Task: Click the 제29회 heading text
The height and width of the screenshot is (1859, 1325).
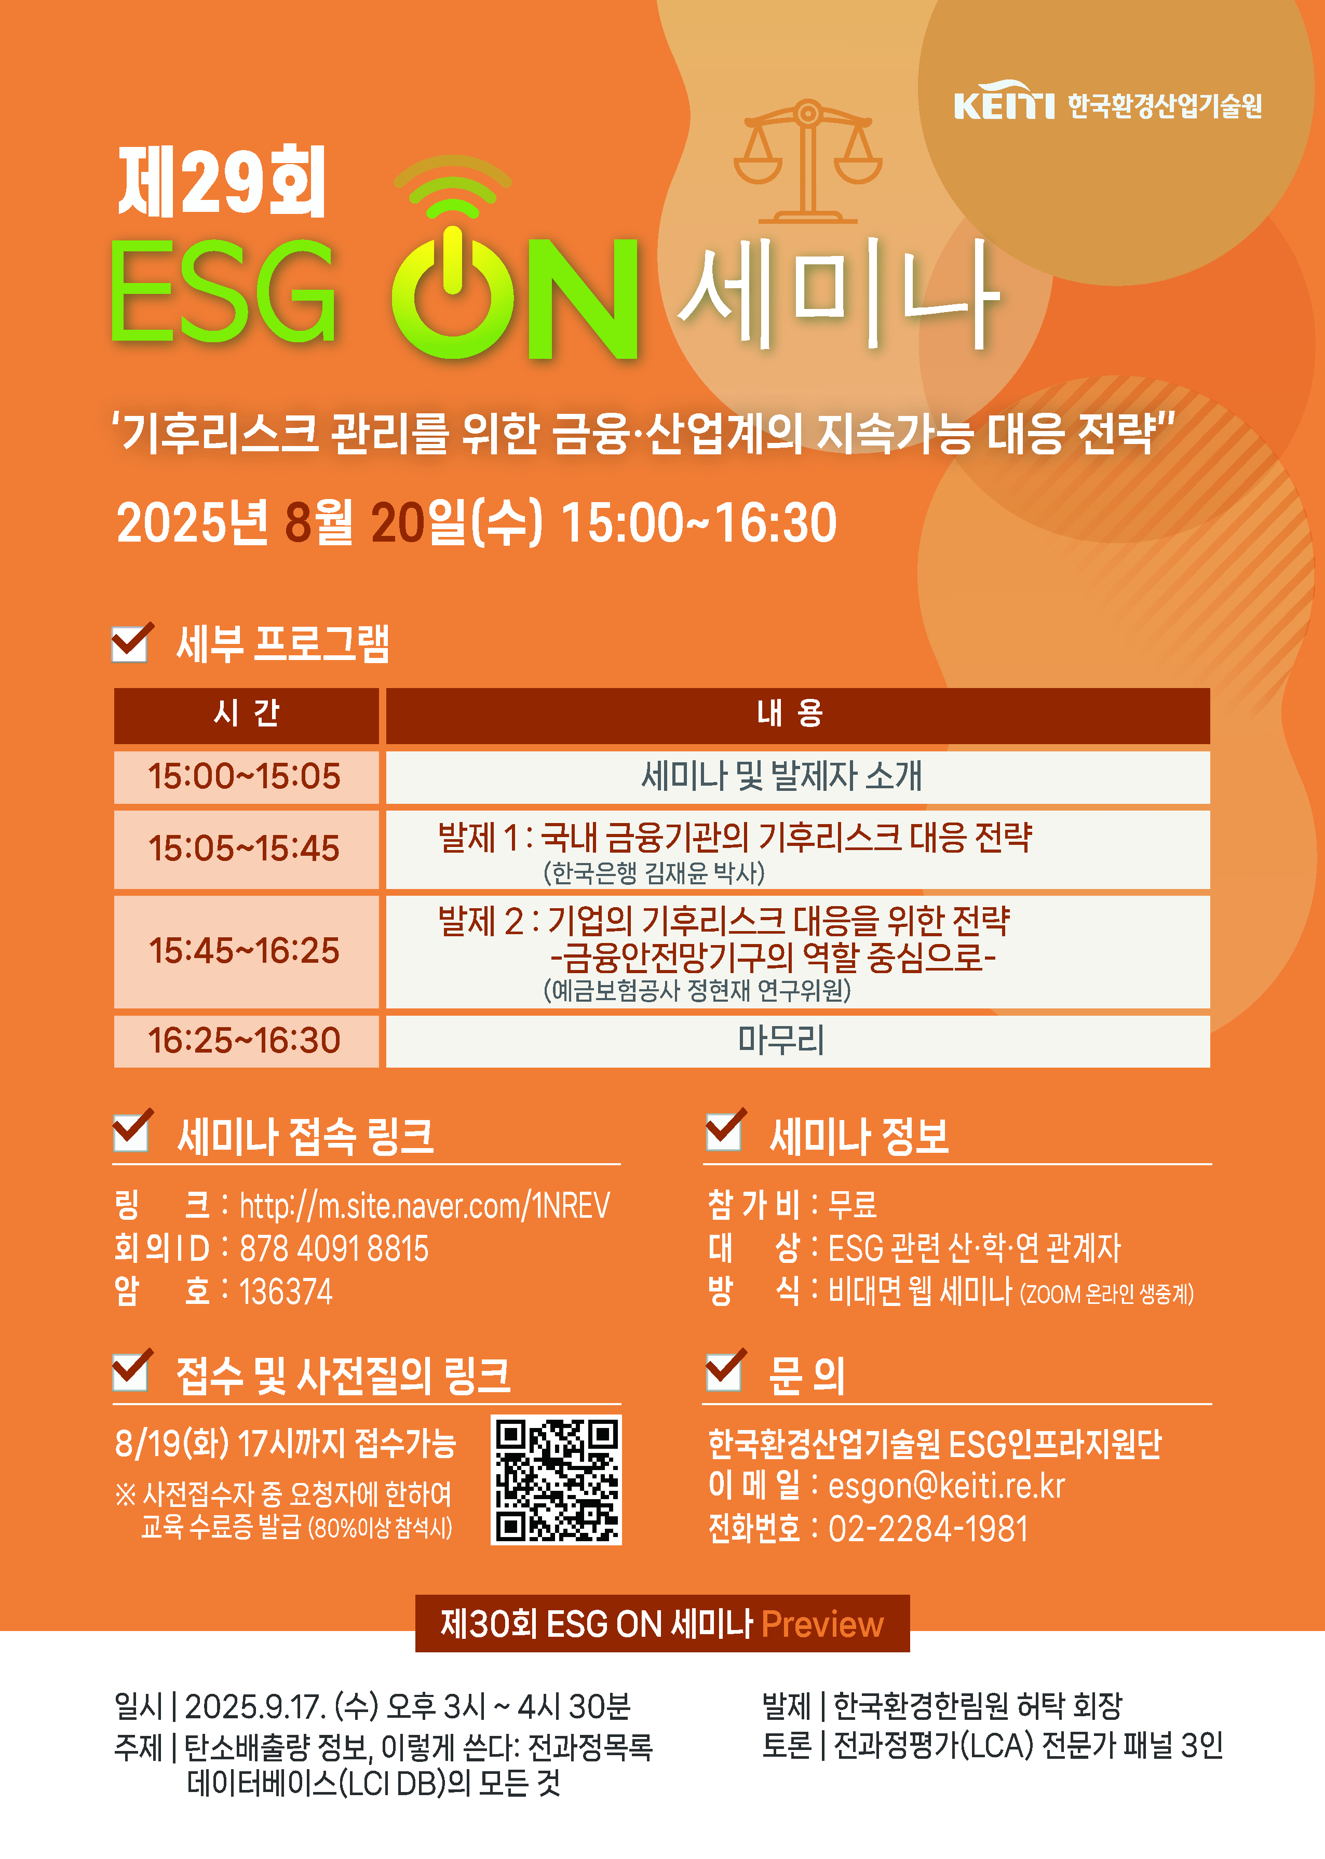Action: tap(222, 181)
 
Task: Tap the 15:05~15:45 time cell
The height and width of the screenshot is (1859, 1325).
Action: tap(244, 848)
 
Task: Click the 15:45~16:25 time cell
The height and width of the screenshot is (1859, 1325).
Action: tap(244, 951)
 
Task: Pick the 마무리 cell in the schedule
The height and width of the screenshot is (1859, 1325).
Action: tap(781, 1041)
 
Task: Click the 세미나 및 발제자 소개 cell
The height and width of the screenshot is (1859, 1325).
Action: tap(781, 776)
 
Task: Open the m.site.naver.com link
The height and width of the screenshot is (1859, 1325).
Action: tap(424, 1205)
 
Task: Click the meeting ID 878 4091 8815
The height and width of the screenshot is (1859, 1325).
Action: tap(334, 1248)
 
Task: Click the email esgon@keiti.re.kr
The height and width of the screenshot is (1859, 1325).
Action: tap(947, 1486)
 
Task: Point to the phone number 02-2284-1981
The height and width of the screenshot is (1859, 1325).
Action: tap(928, 1529)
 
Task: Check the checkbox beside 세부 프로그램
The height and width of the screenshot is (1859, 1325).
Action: tap(130, 644)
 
